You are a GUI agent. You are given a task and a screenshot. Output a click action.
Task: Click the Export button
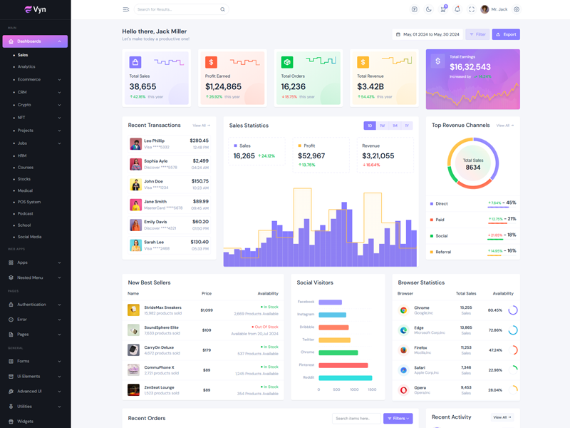[506, 34]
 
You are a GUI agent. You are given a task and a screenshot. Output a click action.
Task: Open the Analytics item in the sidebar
[26, 66]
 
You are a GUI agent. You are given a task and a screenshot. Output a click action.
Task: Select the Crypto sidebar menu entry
[25, 105]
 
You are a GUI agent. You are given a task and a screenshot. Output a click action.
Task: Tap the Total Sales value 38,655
[143, 86]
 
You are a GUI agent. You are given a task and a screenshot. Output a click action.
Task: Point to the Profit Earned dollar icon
[212, 63]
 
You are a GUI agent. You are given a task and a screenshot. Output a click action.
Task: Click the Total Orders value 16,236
[294, 86]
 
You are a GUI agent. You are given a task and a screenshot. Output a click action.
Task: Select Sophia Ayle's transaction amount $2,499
[200, 161]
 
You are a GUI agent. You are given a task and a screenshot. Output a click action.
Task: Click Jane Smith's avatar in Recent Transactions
[135, 205]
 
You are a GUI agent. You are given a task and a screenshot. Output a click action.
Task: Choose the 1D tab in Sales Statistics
[370, 126]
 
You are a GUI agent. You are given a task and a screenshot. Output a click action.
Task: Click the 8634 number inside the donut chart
[473, 168]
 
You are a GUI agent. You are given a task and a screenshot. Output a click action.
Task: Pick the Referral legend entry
[443, 252]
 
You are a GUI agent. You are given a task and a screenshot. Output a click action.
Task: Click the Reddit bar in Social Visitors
[346, 377]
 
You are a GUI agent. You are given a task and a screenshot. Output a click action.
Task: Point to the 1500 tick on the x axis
[372, 389]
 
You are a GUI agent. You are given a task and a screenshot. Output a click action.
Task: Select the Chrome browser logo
[403, 310]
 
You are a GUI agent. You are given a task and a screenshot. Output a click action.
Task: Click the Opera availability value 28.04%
[495, 390]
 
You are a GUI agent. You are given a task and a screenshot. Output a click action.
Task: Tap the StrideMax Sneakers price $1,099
[207, 310]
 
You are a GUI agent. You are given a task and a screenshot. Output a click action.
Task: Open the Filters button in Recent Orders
[398, 419]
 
